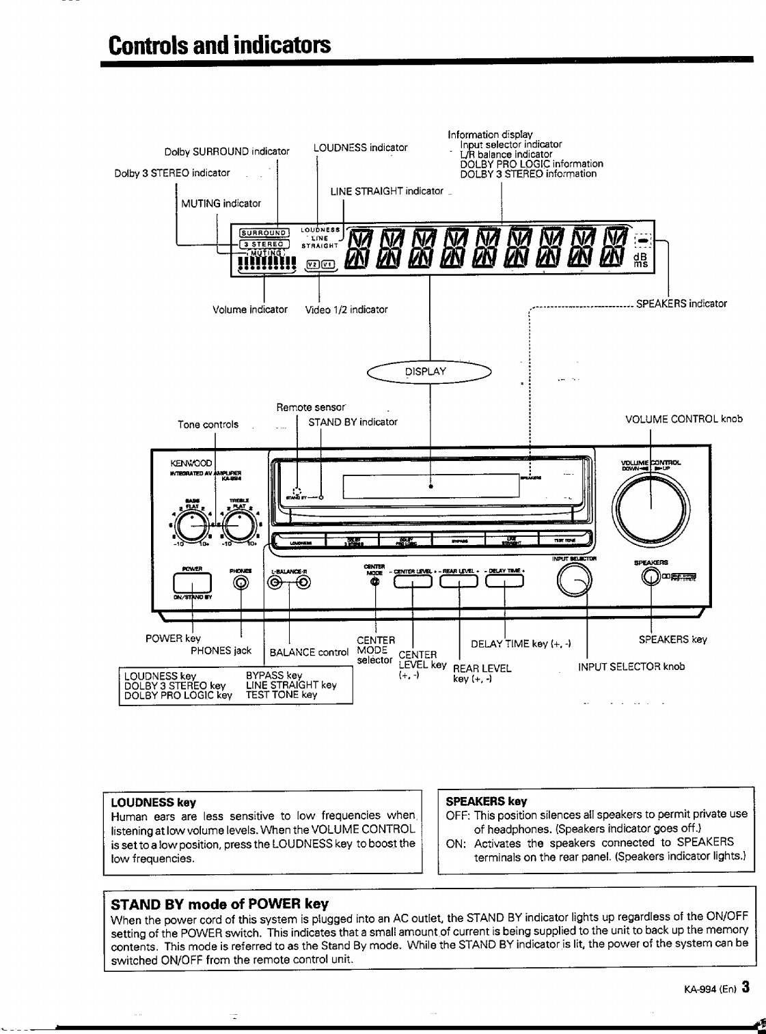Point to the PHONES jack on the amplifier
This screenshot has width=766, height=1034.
tap(241, 582)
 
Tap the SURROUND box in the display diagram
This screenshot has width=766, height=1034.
tap(264, 231)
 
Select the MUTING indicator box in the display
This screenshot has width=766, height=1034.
tap(266, 252)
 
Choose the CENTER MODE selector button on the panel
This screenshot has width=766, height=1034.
tap(374, 581)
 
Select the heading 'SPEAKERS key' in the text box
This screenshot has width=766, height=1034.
tap(486, 801)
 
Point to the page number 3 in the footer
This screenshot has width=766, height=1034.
tap(746, 987)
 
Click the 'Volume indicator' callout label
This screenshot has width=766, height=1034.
tap(250, 309)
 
